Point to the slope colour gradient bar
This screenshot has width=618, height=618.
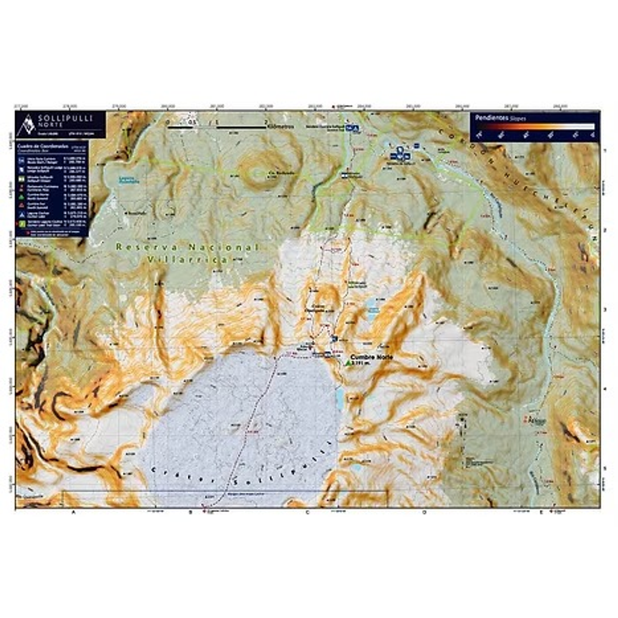click(536, 126)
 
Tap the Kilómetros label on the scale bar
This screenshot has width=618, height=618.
click(281, 126)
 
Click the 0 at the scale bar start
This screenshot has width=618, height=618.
click(168, 122)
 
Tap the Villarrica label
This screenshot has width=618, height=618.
click(187, 259)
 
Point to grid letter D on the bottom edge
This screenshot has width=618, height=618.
click(424, 512)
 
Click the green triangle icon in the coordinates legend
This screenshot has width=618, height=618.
click(20, 197)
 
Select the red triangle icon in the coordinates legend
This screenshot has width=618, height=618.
click(20, 205)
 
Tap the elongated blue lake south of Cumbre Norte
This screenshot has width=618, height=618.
click(340, 398)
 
